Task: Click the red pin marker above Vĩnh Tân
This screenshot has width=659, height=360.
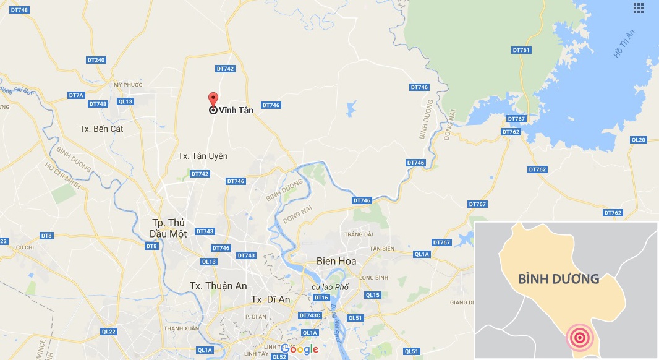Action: [x=213, y=99]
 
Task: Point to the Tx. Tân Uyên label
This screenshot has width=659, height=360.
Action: [x=203, y=156]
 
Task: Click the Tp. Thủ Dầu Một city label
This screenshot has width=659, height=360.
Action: [x=169, y=228]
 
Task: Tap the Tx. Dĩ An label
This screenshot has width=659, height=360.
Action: [x=271, y=299]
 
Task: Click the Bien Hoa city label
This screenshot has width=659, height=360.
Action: [x=336, y=262]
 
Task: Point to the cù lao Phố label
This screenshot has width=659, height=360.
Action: [x=331, y=287]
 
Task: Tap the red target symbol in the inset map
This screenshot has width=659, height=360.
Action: [x=579, y=338]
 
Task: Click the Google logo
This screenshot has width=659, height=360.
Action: [x=300, y=349]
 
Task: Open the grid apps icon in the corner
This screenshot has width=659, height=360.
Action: [x=639, y=8]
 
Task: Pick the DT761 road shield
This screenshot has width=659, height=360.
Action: [x=521, y=49]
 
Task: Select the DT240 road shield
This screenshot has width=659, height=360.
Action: [x=96, y=60]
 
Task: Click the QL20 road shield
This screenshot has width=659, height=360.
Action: [x=638, y=140]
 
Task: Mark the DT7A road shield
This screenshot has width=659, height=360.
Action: [x=76, y=95]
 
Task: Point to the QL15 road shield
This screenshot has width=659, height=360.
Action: [x=373, y=295]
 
